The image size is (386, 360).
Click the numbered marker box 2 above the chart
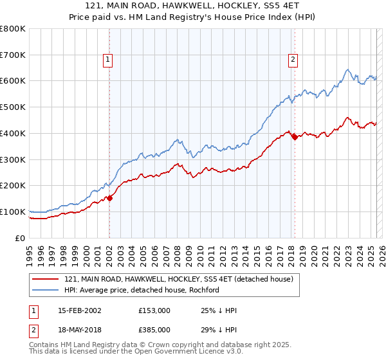[293, 60]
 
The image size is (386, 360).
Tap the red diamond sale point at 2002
[109, 198]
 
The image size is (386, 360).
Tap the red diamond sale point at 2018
[295, 136]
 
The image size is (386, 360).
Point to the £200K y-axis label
[13, 186]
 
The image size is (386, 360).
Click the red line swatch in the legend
[46, 279]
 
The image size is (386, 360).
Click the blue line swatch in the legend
[46, 290]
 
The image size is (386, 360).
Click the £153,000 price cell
[154, 310]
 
